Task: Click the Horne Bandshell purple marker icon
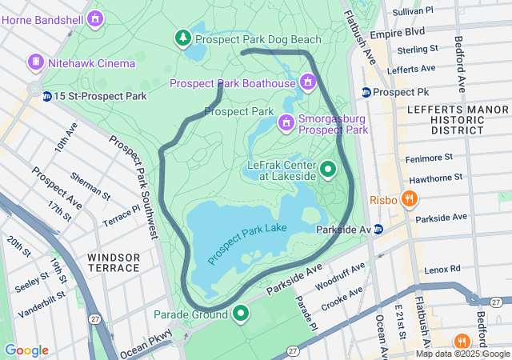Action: pos(96,17)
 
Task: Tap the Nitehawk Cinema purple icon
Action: pos(36,62)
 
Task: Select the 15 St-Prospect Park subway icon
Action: pos(47,96)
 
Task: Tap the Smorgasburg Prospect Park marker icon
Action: pos(286,122)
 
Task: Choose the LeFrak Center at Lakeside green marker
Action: pos(328,170)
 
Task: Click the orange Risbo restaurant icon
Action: pos(408,198)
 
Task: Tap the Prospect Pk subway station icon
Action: pos(366,92)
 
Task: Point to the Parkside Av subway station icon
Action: pos(378,230)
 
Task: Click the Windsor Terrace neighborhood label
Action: pos(114,262)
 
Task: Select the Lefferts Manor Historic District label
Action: pos(446,118)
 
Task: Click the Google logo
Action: pos(26,350)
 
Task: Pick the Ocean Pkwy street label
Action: pos(146,344)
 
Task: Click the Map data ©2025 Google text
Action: pos(462,354)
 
